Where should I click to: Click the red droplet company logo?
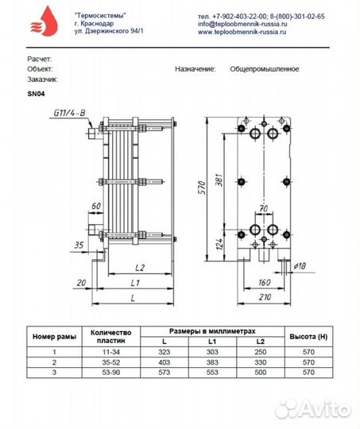click(x=44, y=21)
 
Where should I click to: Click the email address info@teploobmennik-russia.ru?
click(x=242, y=24)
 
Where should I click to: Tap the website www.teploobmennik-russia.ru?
click(x=242, y=32)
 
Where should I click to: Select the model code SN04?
click(x=36, y=94)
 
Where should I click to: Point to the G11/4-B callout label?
click(x=69, y=113)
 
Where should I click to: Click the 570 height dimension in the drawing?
click(x=202, y=187)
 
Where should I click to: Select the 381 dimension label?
click(x=219, y=180)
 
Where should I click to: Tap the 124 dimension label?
click(x=219, y=244)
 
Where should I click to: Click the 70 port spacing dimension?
click(x=263, y=208)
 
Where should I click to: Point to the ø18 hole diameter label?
click(x=300, y=266)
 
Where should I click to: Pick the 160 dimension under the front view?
click(x=264, y=282)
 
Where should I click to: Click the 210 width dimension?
click(x=265, y=297)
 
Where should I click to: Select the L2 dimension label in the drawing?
click(x=140, y=268)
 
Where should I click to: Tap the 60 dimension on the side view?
click(x=96, y=206)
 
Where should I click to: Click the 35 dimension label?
click(x=79, y=245)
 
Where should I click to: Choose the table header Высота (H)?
click(x=308, y=337)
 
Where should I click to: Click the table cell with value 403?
click(x=165, y=362)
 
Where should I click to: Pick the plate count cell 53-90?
click(x=111, y=373)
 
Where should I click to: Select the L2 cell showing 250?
click(x=261, y=352)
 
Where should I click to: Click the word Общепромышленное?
click(x=265, y=69)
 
